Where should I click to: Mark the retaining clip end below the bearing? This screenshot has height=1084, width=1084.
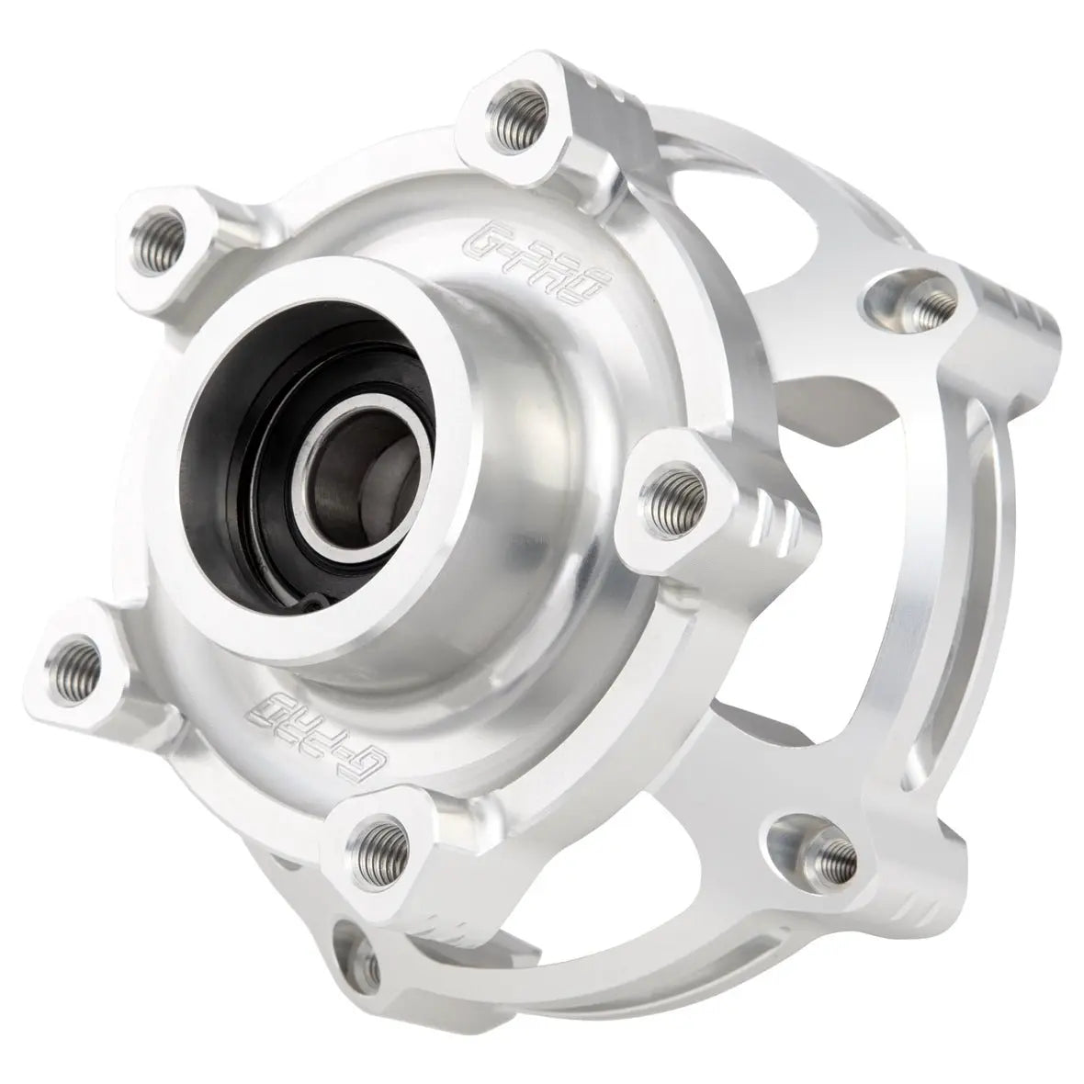pyautogui.click(x=312, y=603)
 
